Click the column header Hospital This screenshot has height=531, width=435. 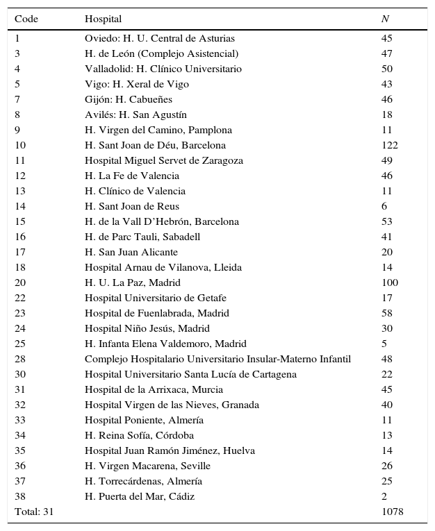103,19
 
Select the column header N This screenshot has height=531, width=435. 385,19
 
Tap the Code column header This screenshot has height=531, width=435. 26,19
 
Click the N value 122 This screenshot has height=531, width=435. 389,145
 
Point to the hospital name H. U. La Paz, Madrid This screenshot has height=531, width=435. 133,283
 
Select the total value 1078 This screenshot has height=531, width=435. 392,512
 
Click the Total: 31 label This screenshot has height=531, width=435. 34,512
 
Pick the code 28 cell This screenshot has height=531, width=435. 20,359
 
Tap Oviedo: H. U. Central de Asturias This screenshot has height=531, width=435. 160,38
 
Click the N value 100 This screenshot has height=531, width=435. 389,283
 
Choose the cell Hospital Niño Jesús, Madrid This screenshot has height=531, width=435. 147,328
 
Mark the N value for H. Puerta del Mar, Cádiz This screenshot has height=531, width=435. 384,496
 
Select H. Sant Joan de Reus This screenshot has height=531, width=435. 132,206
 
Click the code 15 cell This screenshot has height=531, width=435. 20,221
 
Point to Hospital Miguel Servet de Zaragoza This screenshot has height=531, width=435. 164,160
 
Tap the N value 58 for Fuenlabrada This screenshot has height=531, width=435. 387,313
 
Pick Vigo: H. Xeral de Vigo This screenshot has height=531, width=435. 137,84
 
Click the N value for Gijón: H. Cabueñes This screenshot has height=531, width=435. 387,99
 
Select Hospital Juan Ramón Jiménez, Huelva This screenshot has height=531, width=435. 170,450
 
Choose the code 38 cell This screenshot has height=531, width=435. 20,496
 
